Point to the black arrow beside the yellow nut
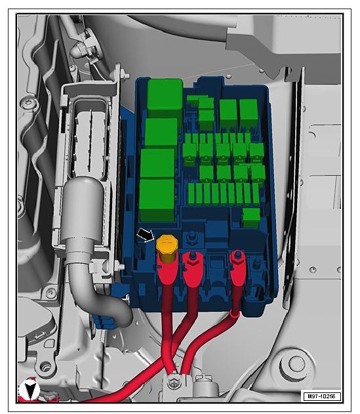(145, 235)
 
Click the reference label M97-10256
(322, 396)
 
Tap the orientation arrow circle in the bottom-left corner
(29, 390)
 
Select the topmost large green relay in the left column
(165, 98)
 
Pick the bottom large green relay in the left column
(157, 200)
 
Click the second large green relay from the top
(161, 133)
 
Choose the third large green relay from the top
(157, 163)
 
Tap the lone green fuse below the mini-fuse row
(251, 217)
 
